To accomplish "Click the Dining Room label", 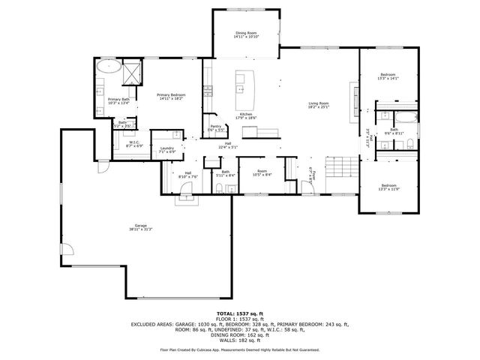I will point(246,34).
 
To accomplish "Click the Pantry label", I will point(215,127).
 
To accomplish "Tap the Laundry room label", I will point(166,149).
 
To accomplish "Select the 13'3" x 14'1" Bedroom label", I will point(388,76).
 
